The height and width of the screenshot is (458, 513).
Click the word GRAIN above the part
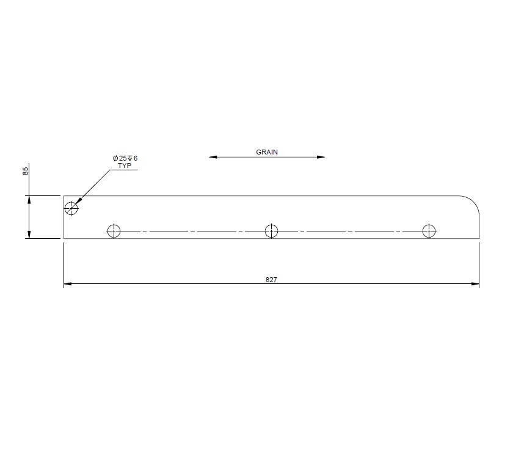point(267,152)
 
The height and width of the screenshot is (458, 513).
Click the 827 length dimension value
point(271,279)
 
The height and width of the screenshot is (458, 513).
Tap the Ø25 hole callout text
point(125,158)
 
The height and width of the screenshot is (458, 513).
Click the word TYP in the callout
point(125,165)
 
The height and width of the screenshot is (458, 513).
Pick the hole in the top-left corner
point(71,208)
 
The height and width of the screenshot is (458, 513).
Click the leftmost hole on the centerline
point(113,231)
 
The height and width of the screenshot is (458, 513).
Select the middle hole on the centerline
point(271,231)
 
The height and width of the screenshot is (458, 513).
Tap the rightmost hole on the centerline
point(429,231)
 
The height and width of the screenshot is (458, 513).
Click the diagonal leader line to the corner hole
point(95,186)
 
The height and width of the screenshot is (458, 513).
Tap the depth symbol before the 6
point(130,158)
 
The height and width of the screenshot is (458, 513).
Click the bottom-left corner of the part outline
point(64,238)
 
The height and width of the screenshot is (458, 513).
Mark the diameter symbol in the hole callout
point(115,158)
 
